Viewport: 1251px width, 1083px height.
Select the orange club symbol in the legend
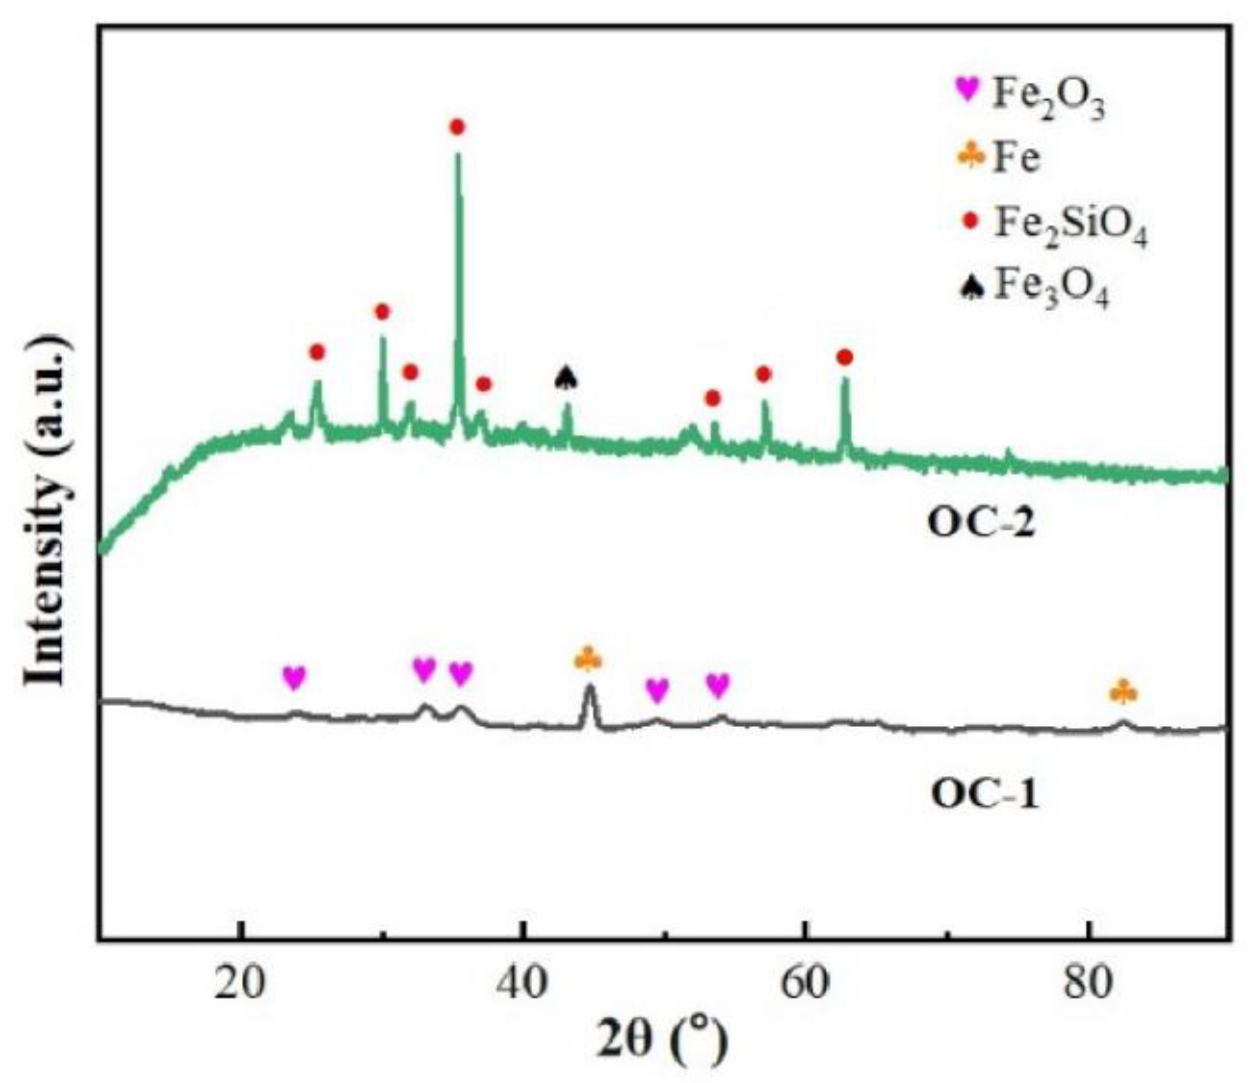point(971,155)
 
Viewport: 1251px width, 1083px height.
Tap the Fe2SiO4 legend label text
point(1070,227)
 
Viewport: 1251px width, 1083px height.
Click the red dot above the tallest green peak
point(457,127)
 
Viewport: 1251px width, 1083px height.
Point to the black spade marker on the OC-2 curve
point(566,378)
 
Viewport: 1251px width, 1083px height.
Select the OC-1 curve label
point(984,794)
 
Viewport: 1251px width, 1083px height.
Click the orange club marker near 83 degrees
point(1123,692)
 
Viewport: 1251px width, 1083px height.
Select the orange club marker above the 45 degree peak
point(587,659)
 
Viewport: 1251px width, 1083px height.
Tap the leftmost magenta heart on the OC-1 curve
point(294,677)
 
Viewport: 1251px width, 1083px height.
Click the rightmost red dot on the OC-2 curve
point(844,357)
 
